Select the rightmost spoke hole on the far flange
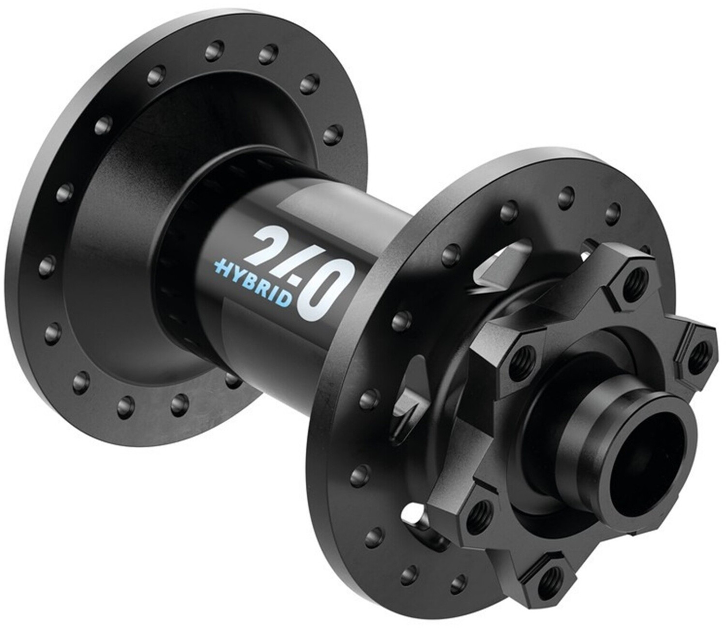(332, 134)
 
